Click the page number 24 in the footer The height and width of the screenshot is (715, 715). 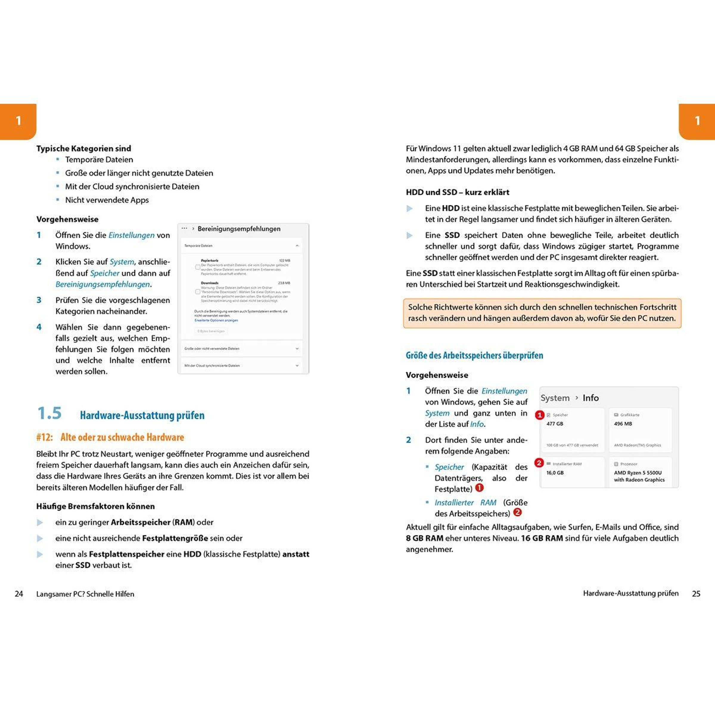19,594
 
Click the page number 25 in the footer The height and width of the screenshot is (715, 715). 696,594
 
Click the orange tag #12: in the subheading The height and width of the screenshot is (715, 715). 44,437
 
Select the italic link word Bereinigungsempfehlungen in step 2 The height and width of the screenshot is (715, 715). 103,284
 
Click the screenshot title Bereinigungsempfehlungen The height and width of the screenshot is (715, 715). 239,229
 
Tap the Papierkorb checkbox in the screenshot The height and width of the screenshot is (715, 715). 198,267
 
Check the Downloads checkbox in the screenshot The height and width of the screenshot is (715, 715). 198,292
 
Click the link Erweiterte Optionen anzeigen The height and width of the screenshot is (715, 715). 216,321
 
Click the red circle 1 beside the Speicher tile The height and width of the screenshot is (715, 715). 540,415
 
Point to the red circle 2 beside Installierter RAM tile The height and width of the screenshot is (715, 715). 539,463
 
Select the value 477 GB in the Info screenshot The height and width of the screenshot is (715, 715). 555,424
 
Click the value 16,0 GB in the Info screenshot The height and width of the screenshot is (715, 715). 555,472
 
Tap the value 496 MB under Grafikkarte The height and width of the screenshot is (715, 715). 623,424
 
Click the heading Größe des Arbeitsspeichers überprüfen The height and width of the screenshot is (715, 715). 475,356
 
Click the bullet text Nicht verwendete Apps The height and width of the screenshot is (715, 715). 107,200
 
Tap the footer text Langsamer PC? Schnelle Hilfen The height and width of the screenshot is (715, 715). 85,594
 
